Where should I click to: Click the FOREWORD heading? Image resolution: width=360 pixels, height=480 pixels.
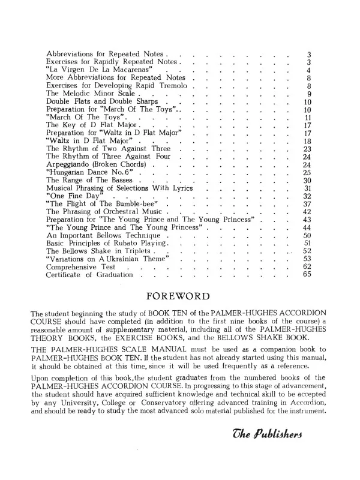point(179,296)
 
